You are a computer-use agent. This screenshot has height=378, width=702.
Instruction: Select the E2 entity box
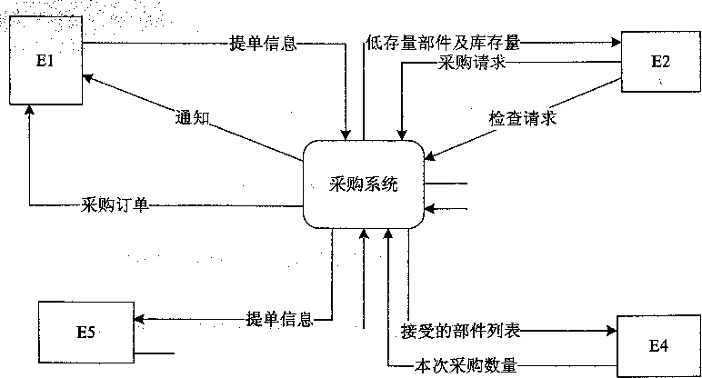[660, 62]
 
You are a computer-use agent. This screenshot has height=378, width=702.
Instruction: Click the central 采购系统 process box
[362, 184]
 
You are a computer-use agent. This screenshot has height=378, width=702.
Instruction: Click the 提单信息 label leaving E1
[264, 41]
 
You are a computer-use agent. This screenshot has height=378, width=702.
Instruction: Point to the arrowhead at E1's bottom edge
[31, 108]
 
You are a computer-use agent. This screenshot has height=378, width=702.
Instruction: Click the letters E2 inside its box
[661, 62]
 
